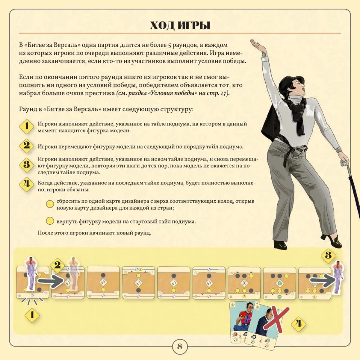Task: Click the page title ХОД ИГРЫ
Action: pos(180,25)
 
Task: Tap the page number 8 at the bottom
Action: pos(180,346)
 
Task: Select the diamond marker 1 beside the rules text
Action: pos(27,126)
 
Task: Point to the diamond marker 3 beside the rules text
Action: pos(27,165)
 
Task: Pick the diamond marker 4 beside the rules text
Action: pos(27,184)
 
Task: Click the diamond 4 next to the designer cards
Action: pos(298,324)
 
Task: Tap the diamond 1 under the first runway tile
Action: pos(32,315)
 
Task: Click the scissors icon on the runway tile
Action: pos(244,283)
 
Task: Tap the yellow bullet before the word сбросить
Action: pos(50,204)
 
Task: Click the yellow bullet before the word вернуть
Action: pos(50,221)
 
